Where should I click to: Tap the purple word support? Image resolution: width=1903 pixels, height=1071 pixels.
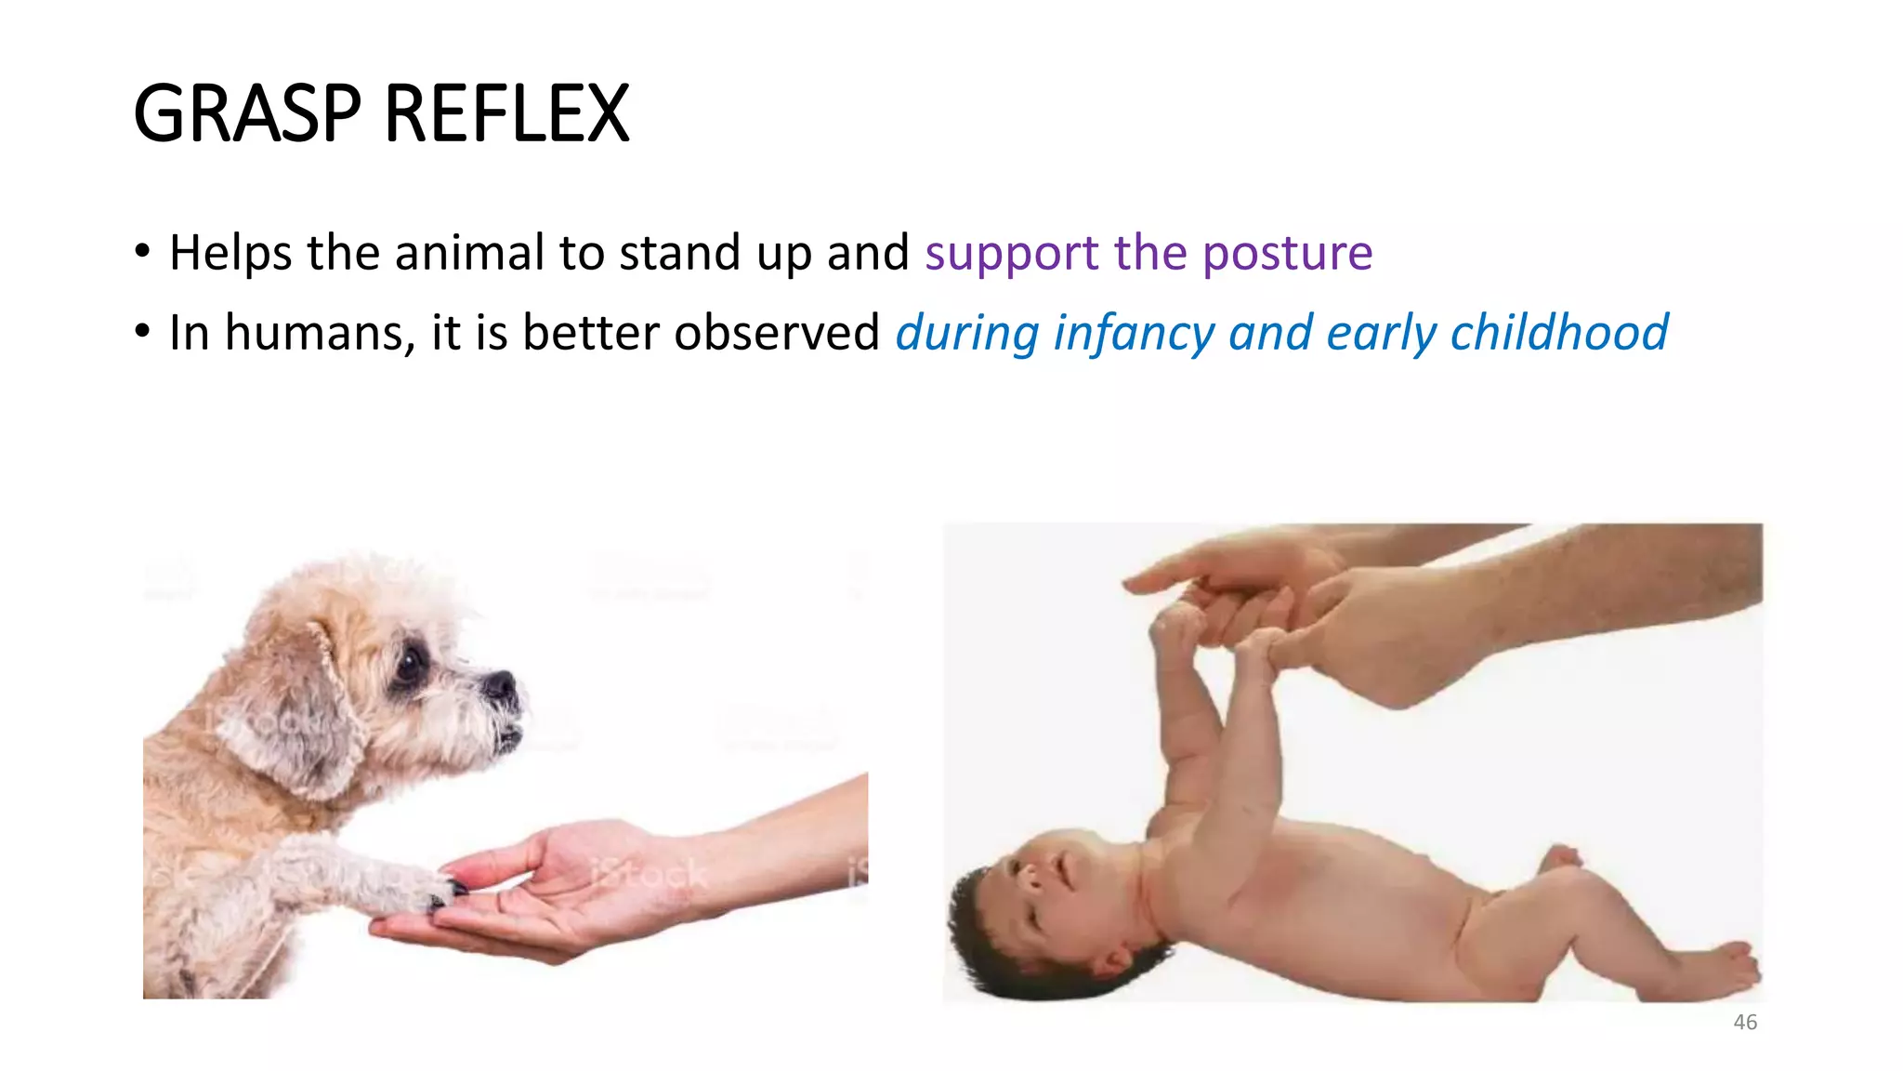coord(1012,253)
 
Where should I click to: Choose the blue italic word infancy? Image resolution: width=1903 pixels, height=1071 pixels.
coord(1133,333)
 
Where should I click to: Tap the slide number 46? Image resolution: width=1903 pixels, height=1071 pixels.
coord(1745,1022)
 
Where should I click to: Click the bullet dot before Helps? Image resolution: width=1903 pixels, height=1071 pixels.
coord(142,251)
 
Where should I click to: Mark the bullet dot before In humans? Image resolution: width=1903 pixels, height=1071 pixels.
coord(142,331)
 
